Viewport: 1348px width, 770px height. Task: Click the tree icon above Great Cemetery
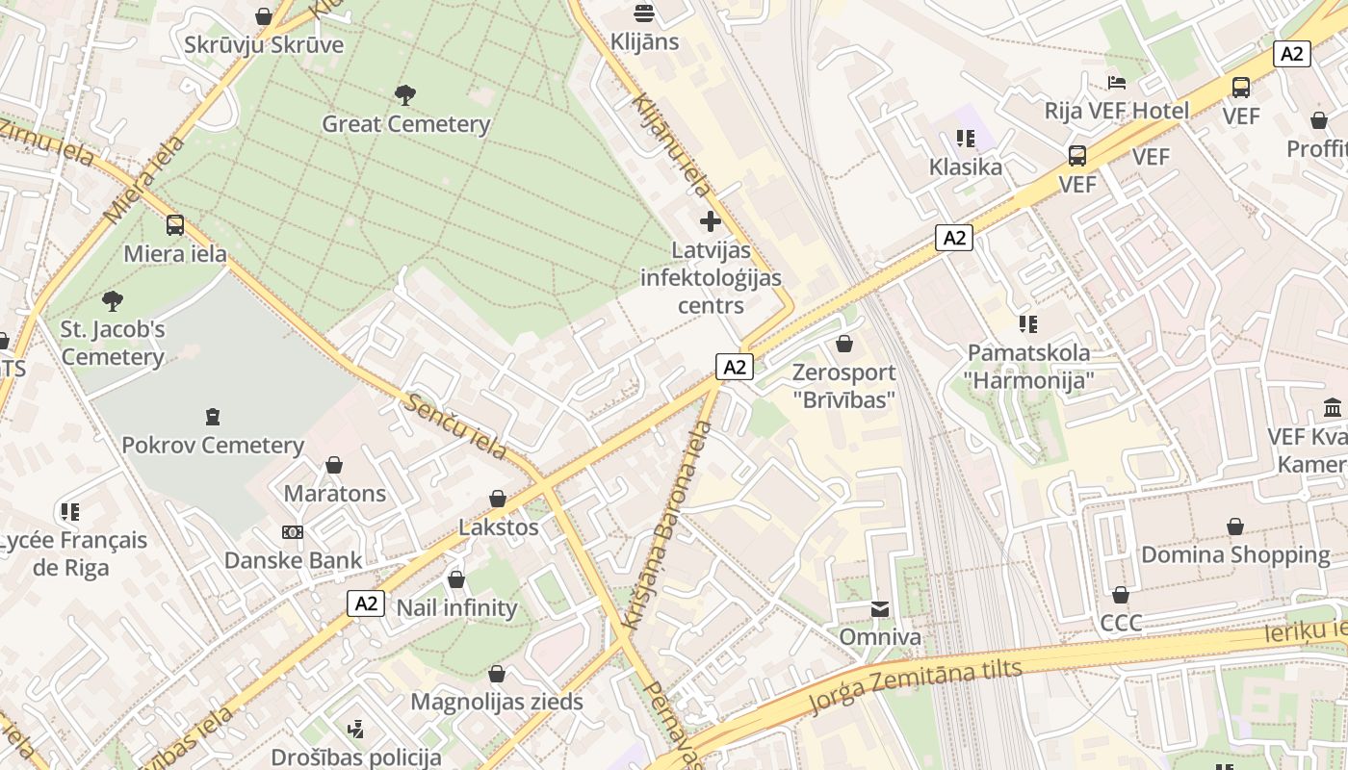[405, 95]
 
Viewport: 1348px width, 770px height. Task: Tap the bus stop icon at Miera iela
[174, 225]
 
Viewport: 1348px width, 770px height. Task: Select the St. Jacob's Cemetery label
[113, 344]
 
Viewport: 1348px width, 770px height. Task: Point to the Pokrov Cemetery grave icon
[212, 417]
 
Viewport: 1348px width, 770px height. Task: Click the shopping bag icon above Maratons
[334, 465]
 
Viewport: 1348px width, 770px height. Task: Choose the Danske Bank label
[293, 560]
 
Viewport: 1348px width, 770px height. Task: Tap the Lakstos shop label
[498, 527]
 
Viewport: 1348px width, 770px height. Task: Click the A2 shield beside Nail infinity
[366, 603]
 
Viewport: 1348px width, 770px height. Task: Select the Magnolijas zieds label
[497, 702]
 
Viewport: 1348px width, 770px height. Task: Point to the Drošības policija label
[356, 757]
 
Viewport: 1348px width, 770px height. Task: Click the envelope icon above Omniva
[880, 608]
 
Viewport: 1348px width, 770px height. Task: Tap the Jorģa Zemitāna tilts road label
[915, 686]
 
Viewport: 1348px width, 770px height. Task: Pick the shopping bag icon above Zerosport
[844, 344]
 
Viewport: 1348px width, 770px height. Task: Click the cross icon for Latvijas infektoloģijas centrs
[711, 221]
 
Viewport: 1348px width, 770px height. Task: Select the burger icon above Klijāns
[644, 13]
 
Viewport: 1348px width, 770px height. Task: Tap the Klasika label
[965, 167]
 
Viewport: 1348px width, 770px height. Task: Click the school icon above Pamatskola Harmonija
[1029, 324]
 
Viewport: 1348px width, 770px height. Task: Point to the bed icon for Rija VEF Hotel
[1117, 82]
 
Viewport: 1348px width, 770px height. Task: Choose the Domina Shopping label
[1235, 554]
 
